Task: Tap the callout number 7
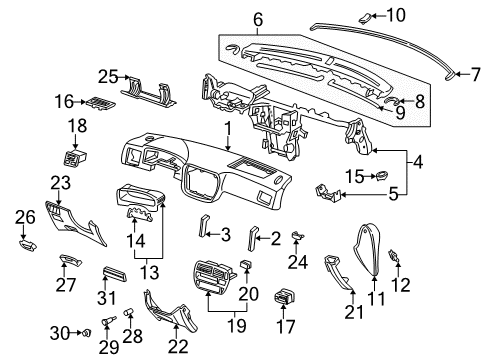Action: tap(476, 73)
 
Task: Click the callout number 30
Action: tap(59, 331)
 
